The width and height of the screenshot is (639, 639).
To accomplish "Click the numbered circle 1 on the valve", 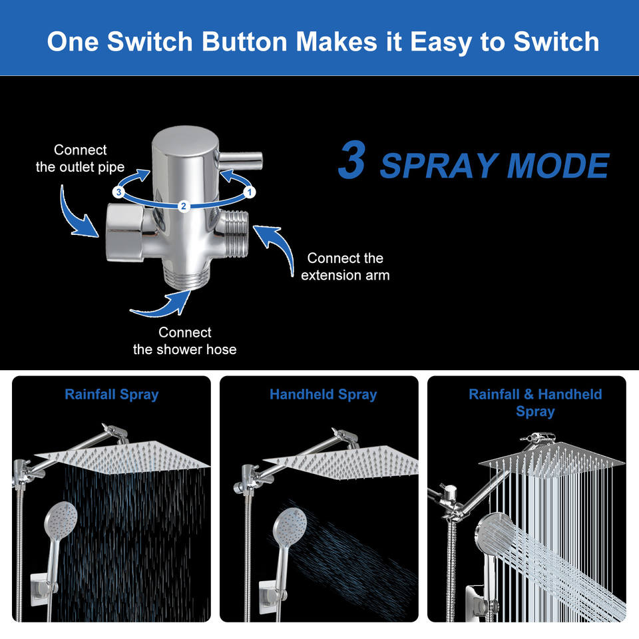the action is tap(250, 192).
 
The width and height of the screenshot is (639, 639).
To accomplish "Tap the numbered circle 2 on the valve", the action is tap(184, 206).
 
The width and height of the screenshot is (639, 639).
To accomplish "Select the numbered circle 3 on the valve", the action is tap(118, 192).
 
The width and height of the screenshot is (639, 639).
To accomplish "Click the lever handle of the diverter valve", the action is tap(240, 160).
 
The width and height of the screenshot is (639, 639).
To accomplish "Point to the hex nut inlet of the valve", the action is tap(124, 233).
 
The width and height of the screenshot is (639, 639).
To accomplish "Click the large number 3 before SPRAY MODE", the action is tap(351, 159).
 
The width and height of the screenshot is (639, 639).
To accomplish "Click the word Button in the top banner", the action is tap(244, 41).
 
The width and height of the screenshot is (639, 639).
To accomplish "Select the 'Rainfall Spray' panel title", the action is tap(112, 395).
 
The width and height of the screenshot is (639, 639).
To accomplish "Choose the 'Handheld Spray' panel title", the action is tap(323, 395).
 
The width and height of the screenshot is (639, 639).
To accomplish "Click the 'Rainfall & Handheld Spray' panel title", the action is tap(535, 403).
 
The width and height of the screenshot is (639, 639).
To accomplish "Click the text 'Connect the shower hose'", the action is tap(184, 341).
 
